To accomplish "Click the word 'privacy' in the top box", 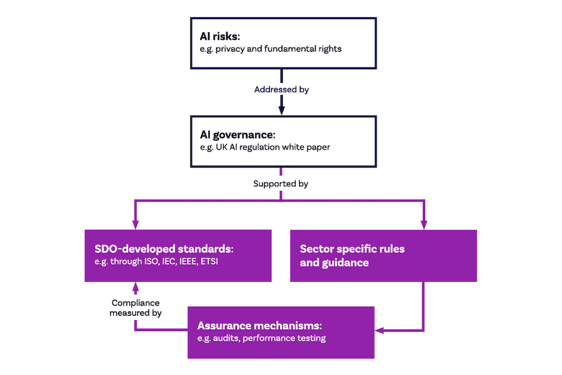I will coord(231,49).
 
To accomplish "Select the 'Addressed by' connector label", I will coord(282,90).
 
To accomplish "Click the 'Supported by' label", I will coord(281,183).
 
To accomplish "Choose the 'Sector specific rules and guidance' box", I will coord(383,255).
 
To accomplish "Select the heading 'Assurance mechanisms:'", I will coord(260,326).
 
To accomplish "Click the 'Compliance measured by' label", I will coord(136,308).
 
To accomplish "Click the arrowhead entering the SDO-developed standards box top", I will coord(136,225).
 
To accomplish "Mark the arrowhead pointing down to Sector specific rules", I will coord(424,225).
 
